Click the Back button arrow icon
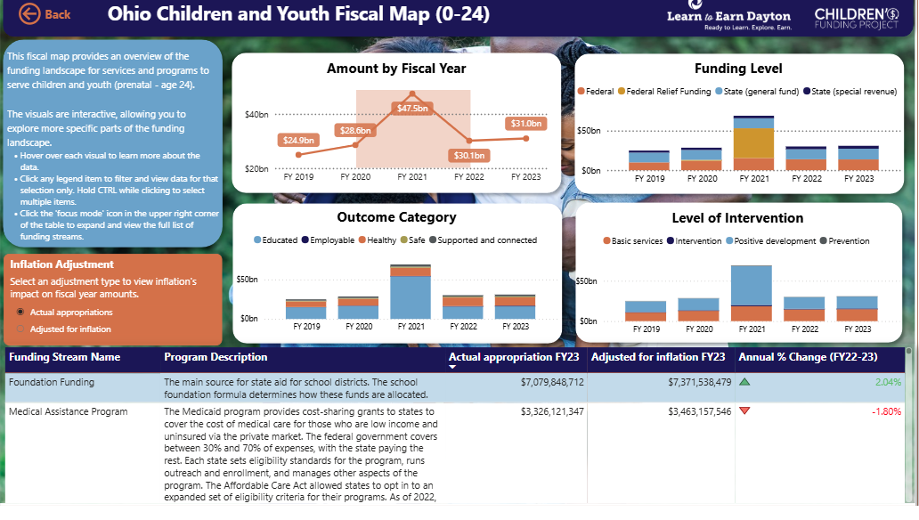tap(29, 14)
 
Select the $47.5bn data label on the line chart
tap(412, 109)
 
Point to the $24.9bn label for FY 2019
tap(298, 140)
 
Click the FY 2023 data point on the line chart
tap(525, 138)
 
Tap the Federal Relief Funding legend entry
tap(664, 92)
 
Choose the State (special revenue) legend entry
tap(850, 92)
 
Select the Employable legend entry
tap(329, 240)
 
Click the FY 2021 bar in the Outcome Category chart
tap(411, 292)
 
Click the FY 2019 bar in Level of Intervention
tap(646, 312)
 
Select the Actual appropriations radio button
tap(20, 312)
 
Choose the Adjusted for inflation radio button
tap(20, 329)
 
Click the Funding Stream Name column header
tap(64, 357)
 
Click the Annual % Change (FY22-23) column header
tap(808, 357)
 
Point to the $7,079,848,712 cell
tap(552, 382)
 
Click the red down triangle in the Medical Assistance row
tap(744, 411)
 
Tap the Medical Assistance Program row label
tap(68, 411)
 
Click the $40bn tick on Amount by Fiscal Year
tap(256, 114)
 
